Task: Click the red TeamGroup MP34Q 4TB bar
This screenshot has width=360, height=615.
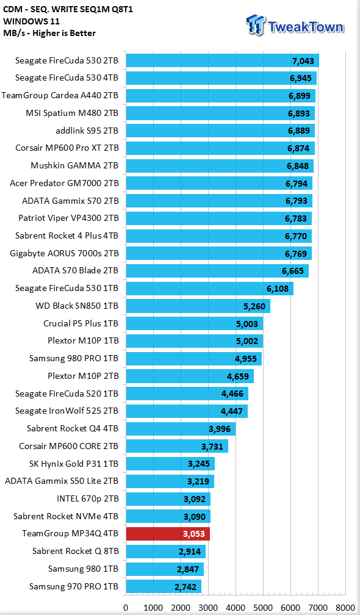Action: pyautogui.click(x=168, y=534)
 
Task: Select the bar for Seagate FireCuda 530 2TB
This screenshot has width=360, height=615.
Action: pyautogui.click(x=222, y=61)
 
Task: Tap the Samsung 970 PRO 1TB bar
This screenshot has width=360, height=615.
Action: pyautogui.click(x=164, y=586)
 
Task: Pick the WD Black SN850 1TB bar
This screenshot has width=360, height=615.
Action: pyautogui.click(x=198, y=306)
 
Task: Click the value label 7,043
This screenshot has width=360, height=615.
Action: pyautogui.click(x=301, y=61)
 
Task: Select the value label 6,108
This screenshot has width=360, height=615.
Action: pyautogui.click(x=278, y=289)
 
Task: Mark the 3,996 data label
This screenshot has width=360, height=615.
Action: pyautogui.click(x=219, y=429)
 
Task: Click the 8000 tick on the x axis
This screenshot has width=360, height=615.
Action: pyautogui.click(x=345, y=608)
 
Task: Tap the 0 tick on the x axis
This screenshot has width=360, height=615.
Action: pyautogui.click(x=126, y=608)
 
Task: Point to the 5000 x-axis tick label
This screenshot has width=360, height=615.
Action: pyautogui.click(x=263, y=608)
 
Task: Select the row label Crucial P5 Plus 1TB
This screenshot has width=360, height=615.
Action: pyautogui.click(x=81, y=323)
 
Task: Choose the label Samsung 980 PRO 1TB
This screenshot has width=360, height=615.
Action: pyautogui.click(x=74, y=358)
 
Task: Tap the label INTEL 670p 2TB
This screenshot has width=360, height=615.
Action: pyautogui.click(x=88, y=498)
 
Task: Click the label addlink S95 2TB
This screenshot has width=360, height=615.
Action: pyautogui.click(x=87, y=131)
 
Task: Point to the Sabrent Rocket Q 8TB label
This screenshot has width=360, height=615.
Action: pyautogui.click(x=76, y=551)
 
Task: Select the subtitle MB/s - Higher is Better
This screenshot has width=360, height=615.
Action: pyautogui.click(x=49, y=33)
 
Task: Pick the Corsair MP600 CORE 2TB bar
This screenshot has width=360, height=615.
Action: pyautogui.click(x=177, y=446)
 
